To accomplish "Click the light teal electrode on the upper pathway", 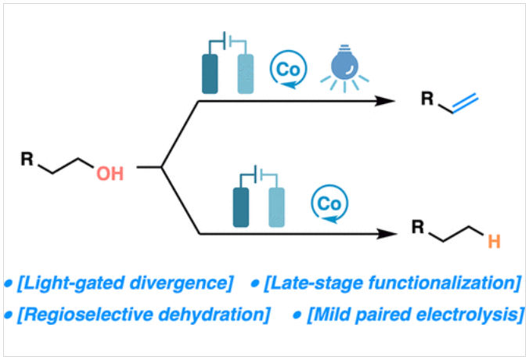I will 246,74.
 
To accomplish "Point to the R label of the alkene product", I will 426,100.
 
